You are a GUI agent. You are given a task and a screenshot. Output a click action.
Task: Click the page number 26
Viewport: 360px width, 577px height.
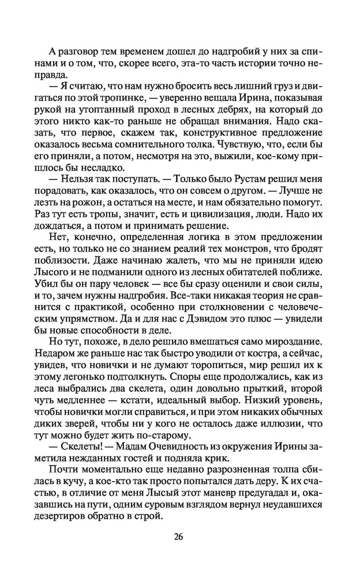[x=179, y=537]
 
